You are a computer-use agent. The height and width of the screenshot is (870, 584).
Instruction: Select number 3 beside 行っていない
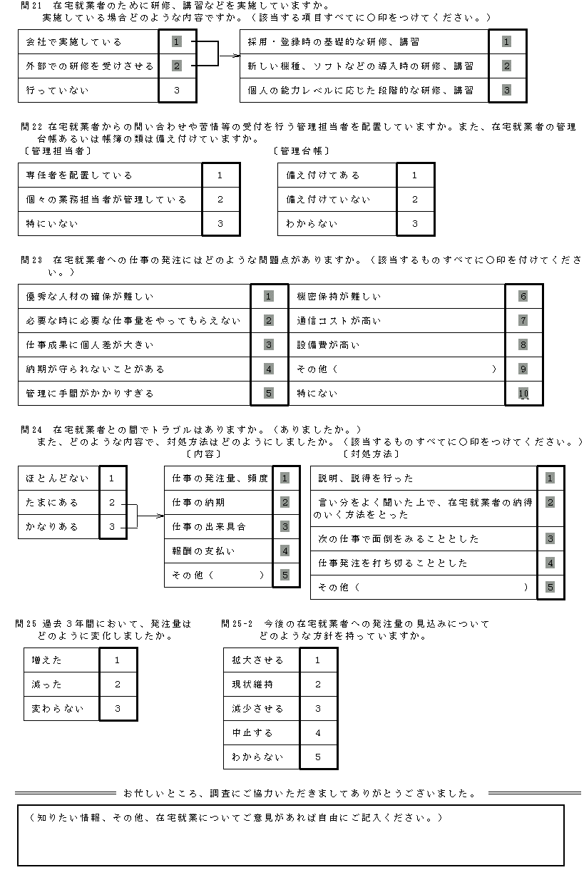pyautogui.click(x=176, y=91)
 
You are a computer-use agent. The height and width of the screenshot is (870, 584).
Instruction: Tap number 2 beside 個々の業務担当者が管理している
pyautogui.click(x=220, y=200)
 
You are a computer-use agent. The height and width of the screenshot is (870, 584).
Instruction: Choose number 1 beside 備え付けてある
pyautogui.click(x=414, y=175)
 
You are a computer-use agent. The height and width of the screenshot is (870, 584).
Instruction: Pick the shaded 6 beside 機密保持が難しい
pyautogui.click(x=523, y=297)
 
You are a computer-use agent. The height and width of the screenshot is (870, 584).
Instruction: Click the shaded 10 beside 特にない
pyautogui.click(x=523, y=394)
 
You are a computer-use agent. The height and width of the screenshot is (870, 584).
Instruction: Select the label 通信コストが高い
pyautogui.click(x=339, y=321)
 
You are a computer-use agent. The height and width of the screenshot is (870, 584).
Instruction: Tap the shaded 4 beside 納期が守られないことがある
pyautogui.click(x=268, y=369)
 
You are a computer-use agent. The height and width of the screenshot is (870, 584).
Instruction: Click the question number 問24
pyautogui.click(x=32, y=430)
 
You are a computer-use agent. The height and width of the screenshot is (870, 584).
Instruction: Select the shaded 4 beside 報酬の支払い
pyautogui.click(x=285, y=551)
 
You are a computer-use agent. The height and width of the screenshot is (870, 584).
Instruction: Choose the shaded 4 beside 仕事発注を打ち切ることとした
pyautogui.click(x=550, y=563)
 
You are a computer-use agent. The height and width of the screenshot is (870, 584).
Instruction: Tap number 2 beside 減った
pyautogui.click(x=117, y=685)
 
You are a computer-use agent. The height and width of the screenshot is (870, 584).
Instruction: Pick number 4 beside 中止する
pyautogui.click(x=317, y=733)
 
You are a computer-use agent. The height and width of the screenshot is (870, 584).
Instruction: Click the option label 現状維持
pyautogui.click(x=252, y=685)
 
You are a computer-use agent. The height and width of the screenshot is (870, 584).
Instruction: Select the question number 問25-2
pyautogui.click(x=237, y=623)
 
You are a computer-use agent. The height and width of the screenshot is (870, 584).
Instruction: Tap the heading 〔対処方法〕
pyautogui.click(x=371, y=454)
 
